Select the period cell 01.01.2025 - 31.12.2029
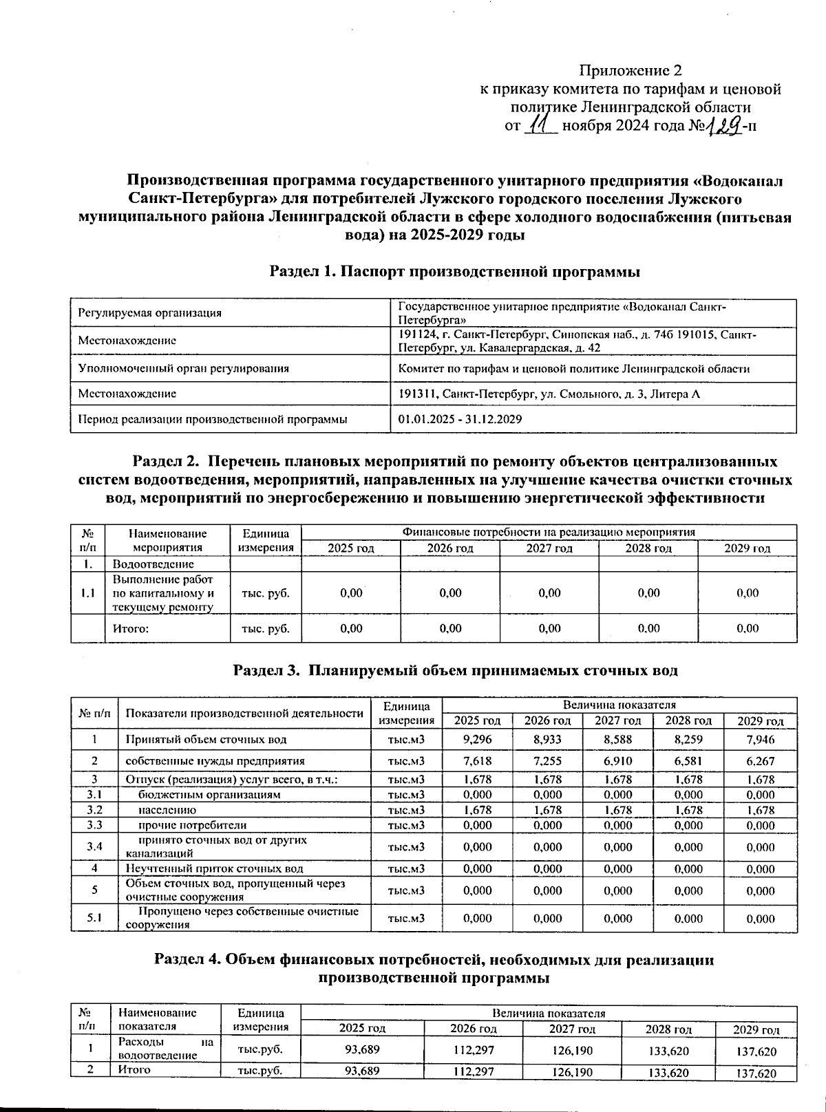pyautogui.click(x=460, y=419)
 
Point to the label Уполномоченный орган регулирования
pyautogui.click(x=183, y=368)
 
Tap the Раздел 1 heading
pyautogui.click(x=455, y=272)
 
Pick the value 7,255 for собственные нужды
pyautogui.click(x=548, y=760)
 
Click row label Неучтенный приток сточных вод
pyautogui.click(x=214, y=869)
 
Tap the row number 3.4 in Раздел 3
pyautogui.click(x=95, y=846)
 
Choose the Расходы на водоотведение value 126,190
pyautogui.click(x=571, y=1051)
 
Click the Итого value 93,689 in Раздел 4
pyautogui.click(x=362, y=1072)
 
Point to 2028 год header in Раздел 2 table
pyautogui.click(x=648, y=548)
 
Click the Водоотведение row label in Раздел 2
pyautogui.click(x=153, y=564)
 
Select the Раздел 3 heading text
pyautogui.click(x=456, y=670)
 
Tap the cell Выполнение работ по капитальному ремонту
pyautogui.click(x=162, y=593)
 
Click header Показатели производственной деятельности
pyautogui.click(x=244, y=713)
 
